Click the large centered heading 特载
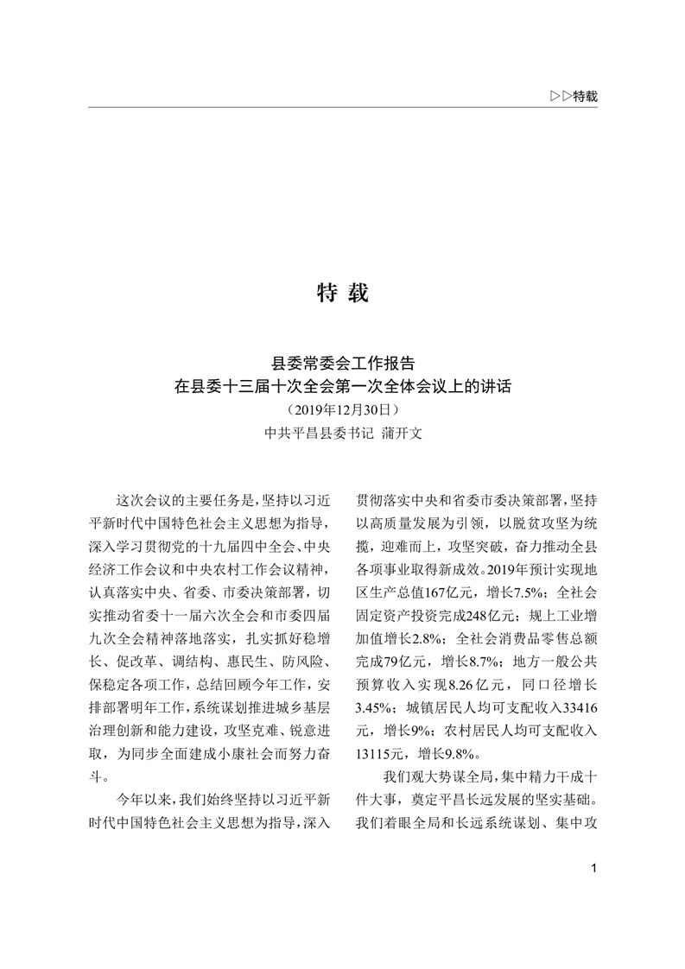click(343, 294)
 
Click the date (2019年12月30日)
click(343, 407)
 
